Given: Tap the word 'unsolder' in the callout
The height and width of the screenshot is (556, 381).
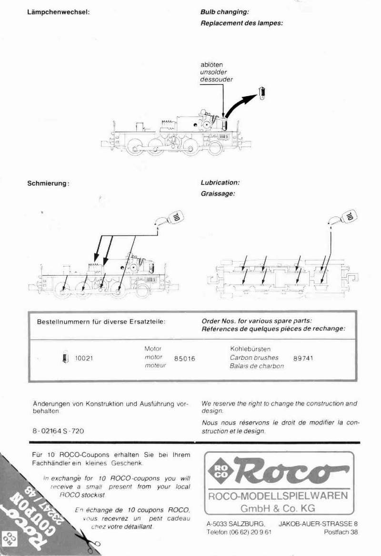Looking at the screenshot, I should [x=213, y=72].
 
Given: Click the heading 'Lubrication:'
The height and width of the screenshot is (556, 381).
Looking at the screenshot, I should [x=220, y=182].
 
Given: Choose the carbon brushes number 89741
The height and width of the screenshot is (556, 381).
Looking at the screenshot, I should [x=303, y=358].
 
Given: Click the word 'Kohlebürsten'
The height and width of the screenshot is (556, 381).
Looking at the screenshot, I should [x=251, y=349].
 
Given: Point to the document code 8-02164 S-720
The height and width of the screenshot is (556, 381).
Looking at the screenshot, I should [x=58, y=431].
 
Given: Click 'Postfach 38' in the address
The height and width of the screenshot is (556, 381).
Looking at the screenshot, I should [x=341, y=532].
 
